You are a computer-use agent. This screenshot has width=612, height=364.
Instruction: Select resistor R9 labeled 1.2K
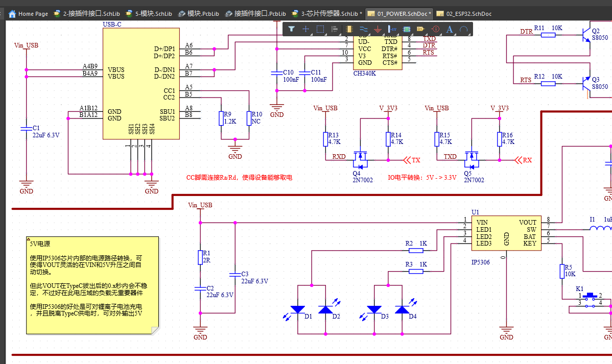click(221, 118)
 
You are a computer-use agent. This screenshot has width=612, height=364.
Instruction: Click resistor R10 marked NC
click(248, 118)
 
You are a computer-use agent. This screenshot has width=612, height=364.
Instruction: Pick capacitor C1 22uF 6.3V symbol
click(26, 129)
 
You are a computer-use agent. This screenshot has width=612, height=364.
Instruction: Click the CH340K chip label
click(364, 73)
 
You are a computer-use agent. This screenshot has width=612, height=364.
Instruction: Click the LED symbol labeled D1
click(298, 309)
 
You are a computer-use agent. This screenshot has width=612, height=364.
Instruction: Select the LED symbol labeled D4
click(402, 309)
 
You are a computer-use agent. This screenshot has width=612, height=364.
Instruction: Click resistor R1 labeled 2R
click(200, 257)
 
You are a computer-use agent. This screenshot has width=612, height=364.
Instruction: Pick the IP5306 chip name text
click(480, 262)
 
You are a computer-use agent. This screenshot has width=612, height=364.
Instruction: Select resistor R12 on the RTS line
click(548, 83)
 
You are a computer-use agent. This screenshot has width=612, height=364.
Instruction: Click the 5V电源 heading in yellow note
click(39, 244)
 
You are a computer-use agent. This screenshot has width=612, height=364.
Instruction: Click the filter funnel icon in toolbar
click(291, 29)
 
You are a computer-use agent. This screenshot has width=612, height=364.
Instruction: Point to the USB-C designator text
click(112, 24)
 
